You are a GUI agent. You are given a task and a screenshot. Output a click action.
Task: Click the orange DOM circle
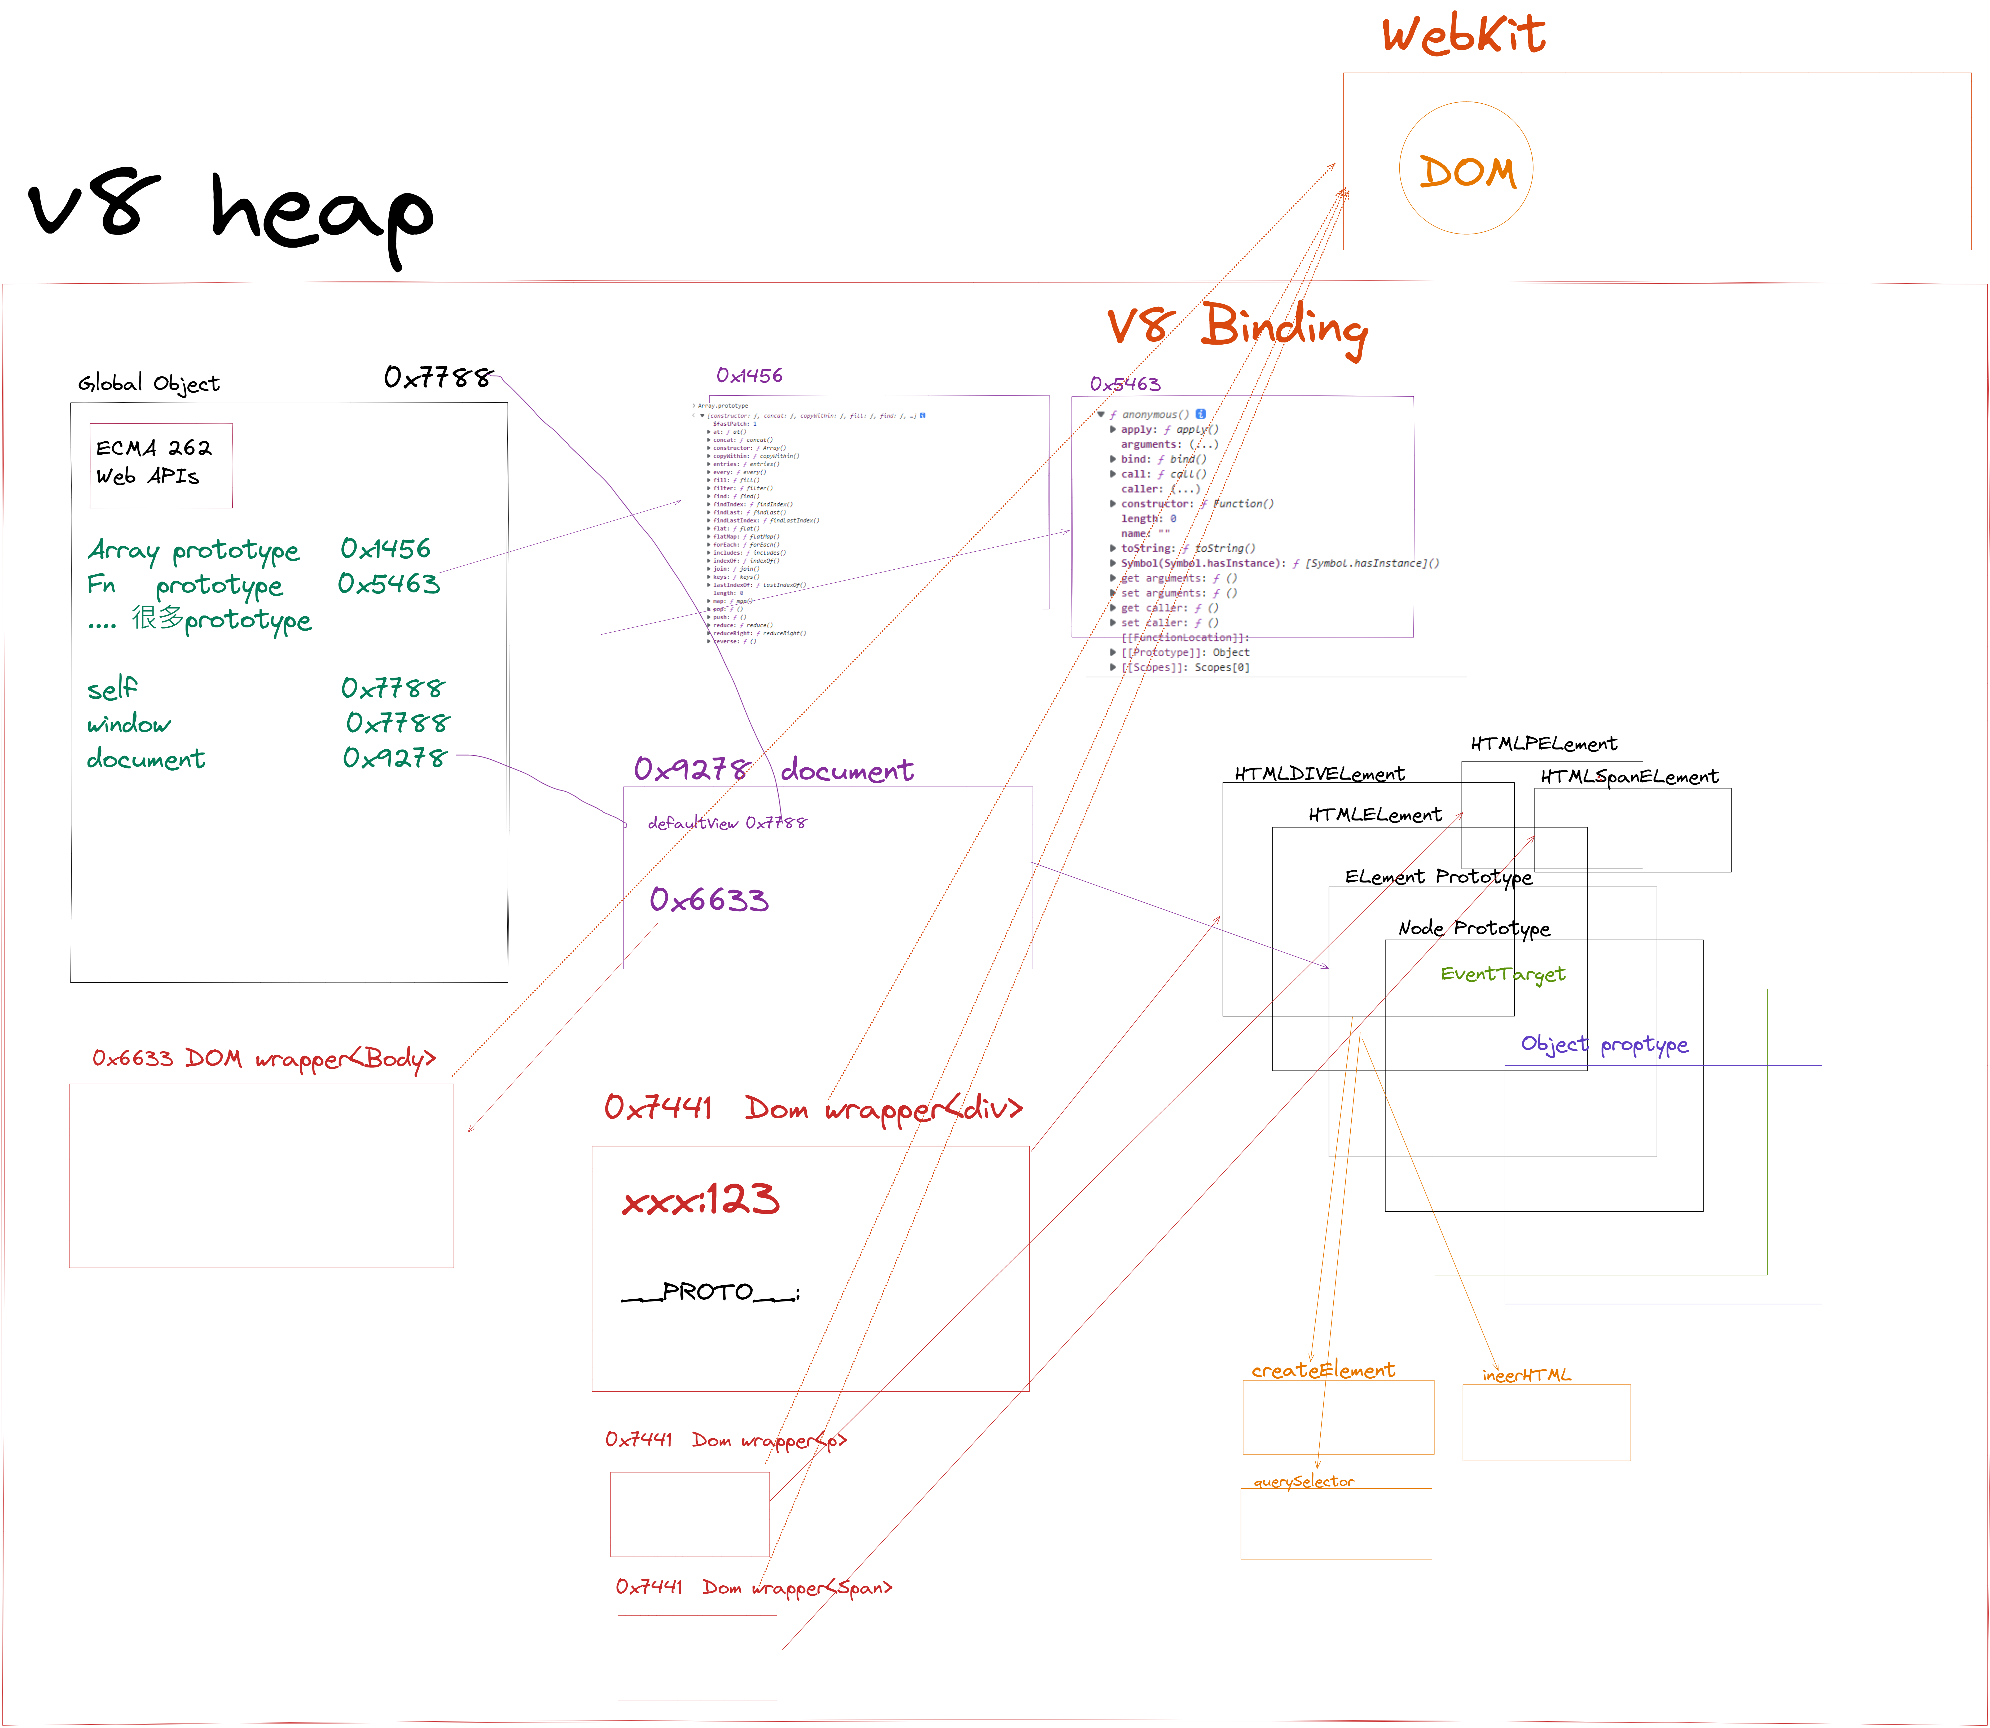point(1465,169)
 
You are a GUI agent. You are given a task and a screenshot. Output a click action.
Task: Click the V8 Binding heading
point(1237,328)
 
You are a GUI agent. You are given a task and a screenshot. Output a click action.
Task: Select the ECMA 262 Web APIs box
point(161,465)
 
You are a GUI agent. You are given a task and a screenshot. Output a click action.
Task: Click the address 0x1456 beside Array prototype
point(386,549)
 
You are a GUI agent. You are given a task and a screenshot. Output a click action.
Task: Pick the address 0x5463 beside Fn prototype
point(389,583)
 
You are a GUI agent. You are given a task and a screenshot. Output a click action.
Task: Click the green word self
point(112,688)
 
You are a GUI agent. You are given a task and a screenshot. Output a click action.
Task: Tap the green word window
point(128,723)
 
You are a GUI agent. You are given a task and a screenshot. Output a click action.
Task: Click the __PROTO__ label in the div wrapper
point(710,1292)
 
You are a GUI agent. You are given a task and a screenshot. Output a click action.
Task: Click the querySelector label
point(1303,1481)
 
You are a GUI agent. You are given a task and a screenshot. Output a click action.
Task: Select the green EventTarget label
point(1502,974)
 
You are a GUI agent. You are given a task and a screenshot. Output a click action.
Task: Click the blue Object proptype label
point(1604,1044)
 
